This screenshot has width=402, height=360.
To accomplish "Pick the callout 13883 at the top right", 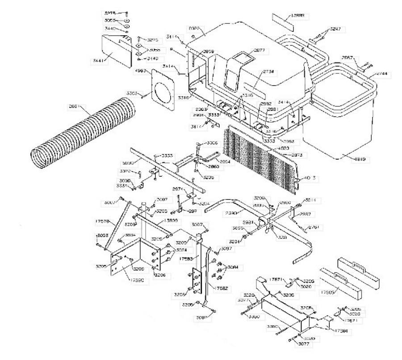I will tap(297, 16).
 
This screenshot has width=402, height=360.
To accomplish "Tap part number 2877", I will tap(260, 51).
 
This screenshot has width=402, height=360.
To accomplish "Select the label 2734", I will tap(269, 72).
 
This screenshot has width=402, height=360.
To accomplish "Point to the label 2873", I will tap(297, 155).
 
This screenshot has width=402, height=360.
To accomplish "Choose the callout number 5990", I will tap(127, 163).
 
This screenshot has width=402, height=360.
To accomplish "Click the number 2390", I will tap(232, 213).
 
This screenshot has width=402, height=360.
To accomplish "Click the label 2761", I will tap(314, 227).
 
